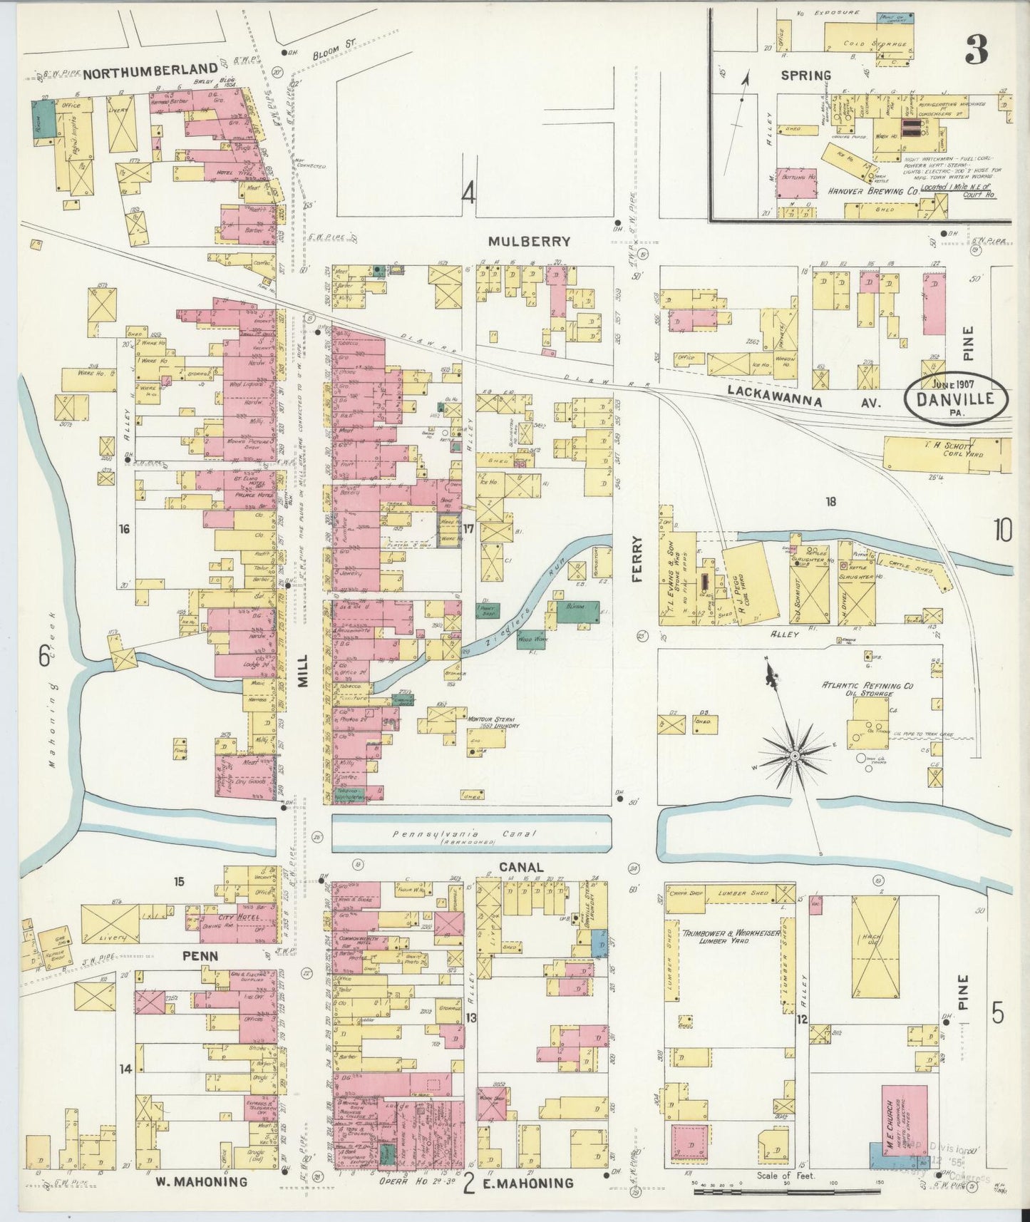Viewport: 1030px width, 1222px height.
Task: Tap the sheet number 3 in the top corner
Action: click(x=976, y=49)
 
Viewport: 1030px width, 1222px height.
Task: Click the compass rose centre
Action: click(x=794, y=754)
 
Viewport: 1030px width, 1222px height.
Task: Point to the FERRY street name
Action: click(x=637, y=560)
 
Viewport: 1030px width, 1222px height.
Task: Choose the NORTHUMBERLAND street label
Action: click(x=149, y=70)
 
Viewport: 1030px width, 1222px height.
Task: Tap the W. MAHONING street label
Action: click(x=202, y=1181)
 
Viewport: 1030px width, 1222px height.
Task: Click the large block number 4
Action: click(x=468, y=193)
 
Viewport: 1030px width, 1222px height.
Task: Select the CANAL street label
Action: click(x=521, y=867)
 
